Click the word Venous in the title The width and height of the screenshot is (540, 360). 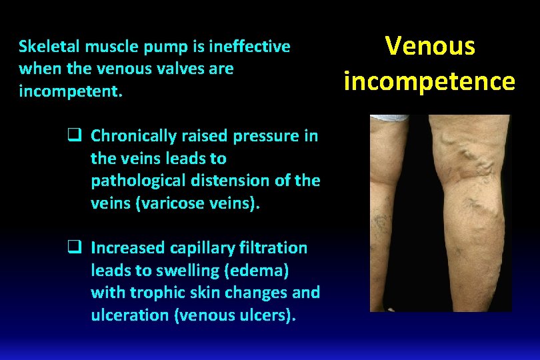pyautogui.click(x=430, y=46)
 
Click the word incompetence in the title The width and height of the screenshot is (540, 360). pyautogui.click(x=430, y=81)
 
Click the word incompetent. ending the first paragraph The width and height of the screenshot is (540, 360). pyautogui.click(x=71, y=91)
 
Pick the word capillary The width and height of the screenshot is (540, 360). pyautogui.click(x=204, y=248)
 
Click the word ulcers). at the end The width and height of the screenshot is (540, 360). pyautogui.click(x=267, y=315)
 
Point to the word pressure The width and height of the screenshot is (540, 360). pyautogui.click(x=268, y=136)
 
